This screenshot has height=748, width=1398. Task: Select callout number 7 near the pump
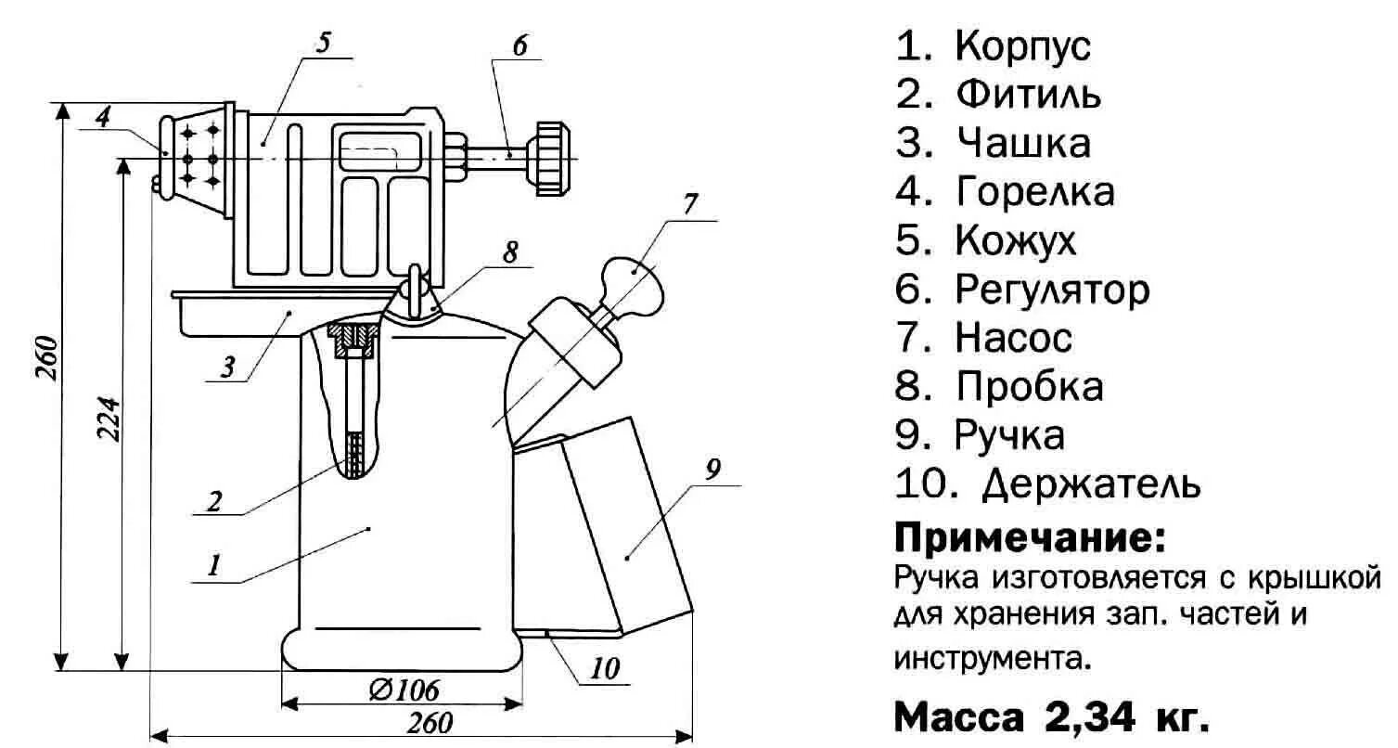click(688, 206)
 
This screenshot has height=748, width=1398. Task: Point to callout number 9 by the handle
click(712, 470)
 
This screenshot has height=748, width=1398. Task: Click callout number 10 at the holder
click(604, 669)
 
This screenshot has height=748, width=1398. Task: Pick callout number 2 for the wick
click(214, 501)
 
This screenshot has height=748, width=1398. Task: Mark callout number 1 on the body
click(213, 565)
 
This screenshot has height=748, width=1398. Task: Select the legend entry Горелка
click(1034, 192)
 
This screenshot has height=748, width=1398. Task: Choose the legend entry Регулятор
click(1052, 290)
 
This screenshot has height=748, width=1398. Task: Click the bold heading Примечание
click(1028, 537)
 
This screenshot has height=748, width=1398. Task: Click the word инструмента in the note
click(989, 658)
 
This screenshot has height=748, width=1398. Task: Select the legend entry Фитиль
click(1028, 95)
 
